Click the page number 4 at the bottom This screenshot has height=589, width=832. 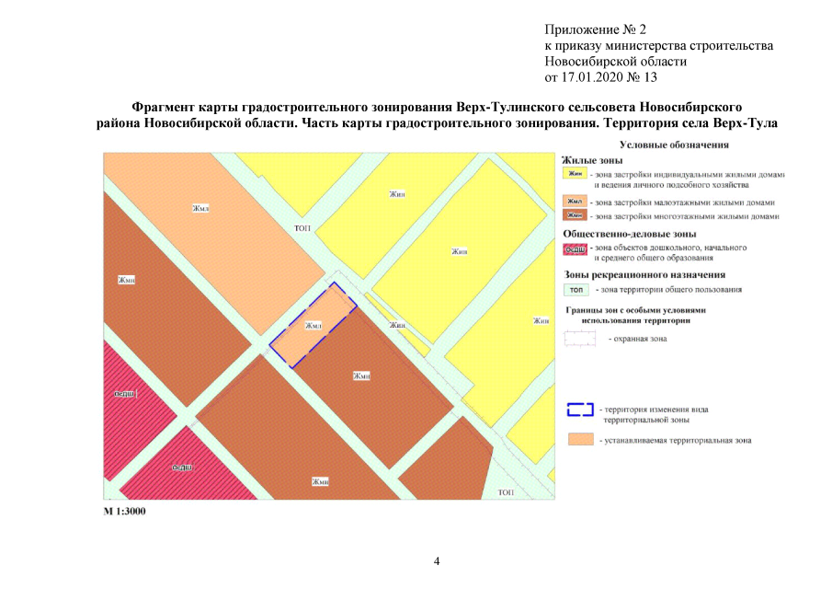pyautogui.click(x=437, y=560)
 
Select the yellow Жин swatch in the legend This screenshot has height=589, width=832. pyautogui.click(x=576, y=173)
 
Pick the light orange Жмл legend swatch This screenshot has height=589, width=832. pyautogui.click(x=576, y=202)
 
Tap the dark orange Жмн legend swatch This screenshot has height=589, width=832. pyautogui.click(x=576, y=216)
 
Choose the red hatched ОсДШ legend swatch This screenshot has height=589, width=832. pyautogui.click(x=576, y=248)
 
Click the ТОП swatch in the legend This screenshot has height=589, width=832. pyautogui.click(x=576, y=289)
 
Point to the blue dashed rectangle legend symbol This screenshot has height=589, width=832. pyautogui.click(x=579, y=410)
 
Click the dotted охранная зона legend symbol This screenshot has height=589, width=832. pyautogui.click(x=579, y=339)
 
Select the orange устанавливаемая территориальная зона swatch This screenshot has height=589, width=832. pyautogui.click(x=579, y=439)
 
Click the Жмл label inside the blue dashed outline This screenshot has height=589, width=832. pyautogui.click(x=313, y=326)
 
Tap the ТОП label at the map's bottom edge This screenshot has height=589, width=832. pyautogui.click(x=505, y=493)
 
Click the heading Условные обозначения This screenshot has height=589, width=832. pyautogui.click(x=674, y=144)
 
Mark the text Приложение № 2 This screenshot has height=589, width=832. pyautogui.click(x=596, y=29)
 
